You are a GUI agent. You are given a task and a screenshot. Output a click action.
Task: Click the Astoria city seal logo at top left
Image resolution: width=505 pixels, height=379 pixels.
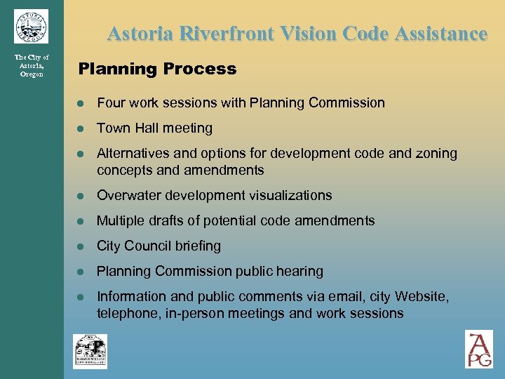pos(31,27)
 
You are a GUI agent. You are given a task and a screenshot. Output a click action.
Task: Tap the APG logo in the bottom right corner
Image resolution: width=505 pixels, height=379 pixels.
pos(479,349)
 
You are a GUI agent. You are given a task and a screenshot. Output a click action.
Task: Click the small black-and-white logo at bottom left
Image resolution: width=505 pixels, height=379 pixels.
pos(90,351)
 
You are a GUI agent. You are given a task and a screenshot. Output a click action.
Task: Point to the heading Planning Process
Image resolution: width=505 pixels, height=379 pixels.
pos(157,69)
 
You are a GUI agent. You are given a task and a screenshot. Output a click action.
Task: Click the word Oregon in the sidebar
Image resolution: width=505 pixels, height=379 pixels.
pos(32,74)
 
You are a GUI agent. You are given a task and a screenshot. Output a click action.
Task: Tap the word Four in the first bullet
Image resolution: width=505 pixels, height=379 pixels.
pos(110,103)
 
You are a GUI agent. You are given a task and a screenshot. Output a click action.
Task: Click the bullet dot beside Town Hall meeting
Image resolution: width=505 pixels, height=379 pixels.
pos(81,128)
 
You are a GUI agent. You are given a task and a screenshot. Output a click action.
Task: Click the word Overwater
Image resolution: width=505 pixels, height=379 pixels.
pos(128,196)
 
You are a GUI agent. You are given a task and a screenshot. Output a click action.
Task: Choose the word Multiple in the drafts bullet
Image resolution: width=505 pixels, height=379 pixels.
pos(120,221)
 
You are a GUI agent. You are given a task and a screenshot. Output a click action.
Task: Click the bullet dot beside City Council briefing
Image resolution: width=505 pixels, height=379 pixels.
pos(81,246)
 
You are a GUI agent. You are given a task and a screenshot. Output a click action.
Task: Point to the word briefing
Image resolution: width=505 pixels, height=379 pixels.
pos(198,246)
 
